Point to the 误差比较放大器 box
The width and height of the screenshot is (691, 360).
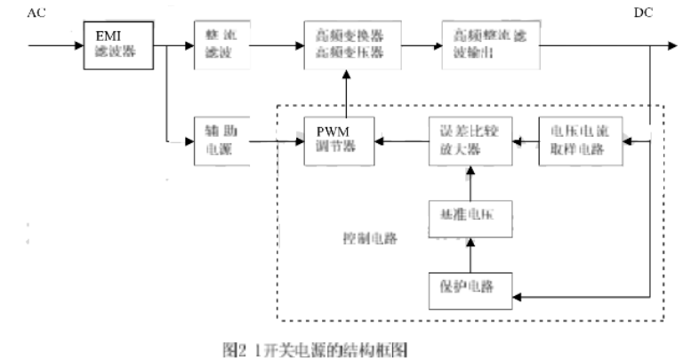click(470, 140)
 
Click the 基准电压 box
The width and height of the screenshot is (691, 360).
click(470, 216)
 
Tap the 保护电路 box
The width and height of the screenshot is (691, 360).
click(470, 286)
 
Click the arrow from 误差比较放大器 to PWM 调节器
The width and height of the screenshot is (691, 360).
click(403, 140)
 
